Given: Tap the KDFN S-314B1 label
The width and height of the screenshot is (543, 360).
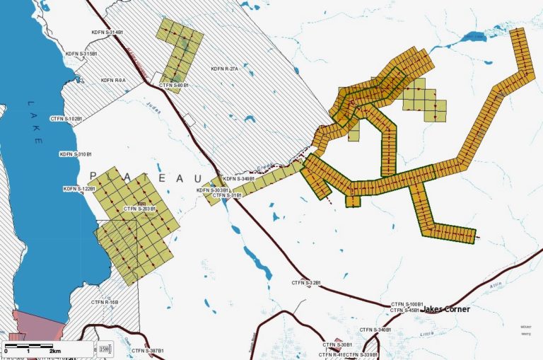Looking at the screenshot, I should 107,33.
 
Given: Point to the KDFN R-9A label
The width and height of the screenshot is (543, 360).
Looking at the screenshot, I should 112,81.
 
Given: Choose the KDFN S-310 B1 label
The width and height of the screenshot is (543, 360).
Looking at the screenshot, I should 76,154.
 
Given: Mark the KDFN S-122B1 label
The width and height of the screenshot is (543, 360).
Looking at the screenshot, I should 78,189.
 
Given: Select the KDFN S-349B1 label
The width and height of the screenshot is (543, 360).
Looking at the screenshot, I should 238,179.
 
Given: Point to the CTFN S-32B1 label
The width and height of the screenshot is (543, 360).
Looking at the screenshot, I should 307,283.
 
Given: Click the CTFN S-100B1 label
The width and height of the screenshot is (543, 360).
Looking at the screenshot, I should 407,304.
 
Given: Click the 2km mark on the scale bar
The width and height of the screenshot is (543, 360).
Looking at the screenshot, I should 53,351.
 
